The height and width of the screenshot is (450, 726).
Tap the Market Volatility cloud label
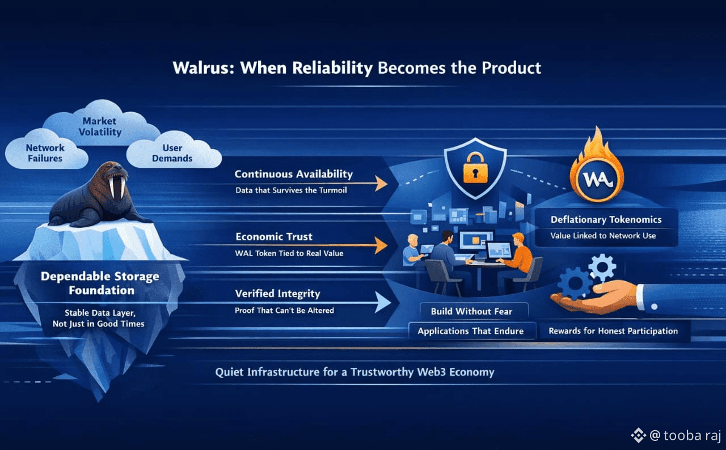pos(100,126)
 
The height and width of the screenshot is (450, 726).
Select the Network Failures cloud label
pos(45,153)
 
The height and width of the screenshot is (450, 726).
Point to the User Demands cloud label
pos(172,153)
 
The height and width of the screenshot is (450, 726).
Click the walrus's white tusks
pos(117,187)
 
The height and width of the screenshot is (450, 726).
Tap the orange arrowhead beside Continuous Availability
pos(382,183)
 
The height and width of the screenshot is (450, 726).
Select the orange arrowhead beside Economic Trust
pos(382,245)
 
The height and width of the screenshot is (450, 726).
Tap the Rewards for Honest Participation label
pos(613,331)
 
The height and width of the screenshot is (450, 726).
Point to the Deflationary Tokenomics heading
pos(606,219)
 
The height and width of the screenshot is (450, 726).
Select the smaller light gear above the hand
pos(602,268)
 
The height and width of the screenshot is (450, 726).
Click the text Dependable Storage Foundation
pos(100,283)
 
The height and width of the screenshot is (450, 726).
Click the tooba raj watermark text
pos(691,435)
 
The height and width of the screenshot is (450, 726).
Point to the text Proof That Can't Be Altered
pos(284,311)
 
